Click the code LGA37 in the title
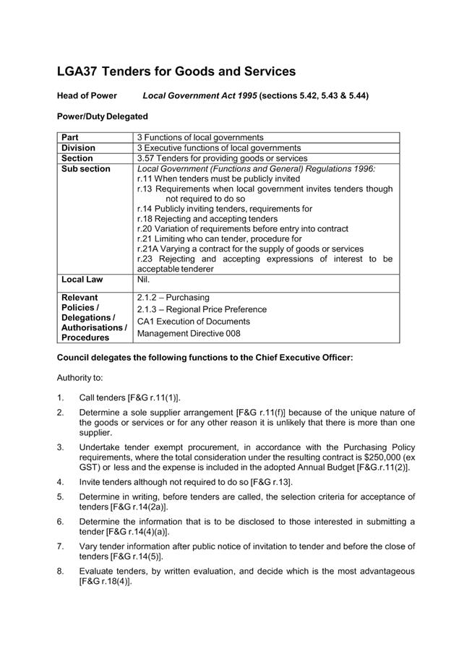(77, 72)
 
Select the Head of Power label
(87, 95)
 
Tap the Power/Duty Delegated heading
(102, 116)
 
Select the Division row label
(78, 147)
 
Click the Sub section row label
(86, 168)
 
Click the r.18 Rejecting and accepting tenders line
(207, 218)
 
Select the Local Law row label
(82, 279)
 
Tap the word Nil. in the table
(143, 279)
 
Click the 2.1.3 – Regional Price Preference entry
(202, 309)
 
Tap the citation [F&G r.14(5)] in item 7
(121, 556)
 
